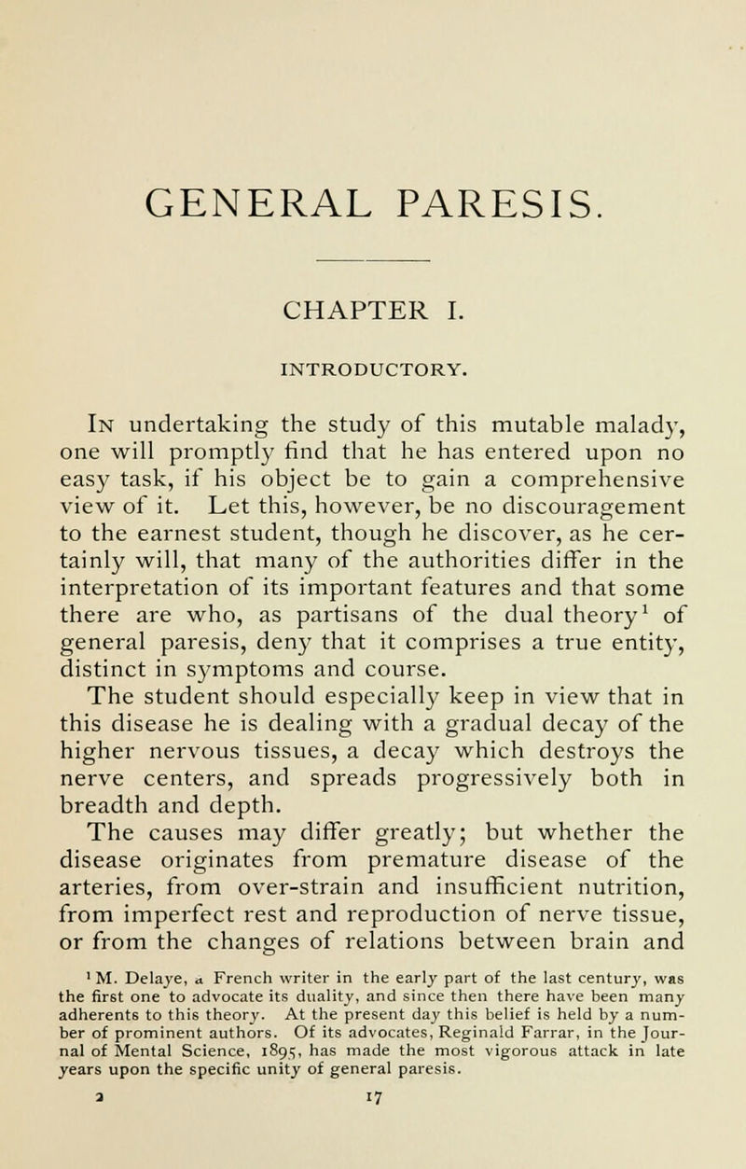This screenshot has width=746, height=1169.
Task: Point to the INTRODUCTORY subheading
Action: [x=373, y=355]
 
